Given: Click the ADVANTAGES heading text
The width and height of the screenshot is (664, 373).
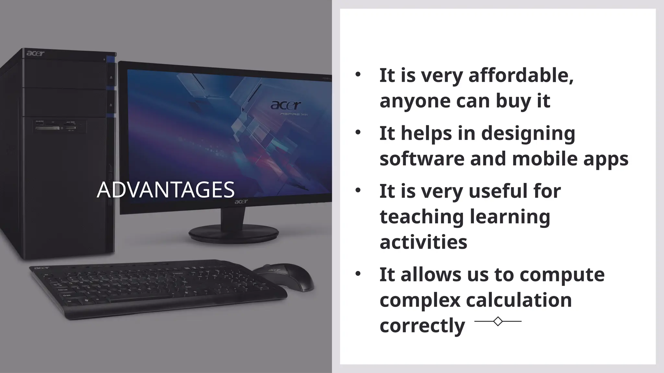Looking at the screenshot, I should [x=166, y=190].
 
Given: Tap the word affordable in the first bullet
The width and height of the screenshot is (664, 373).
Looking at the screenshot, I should [x=521, y=75].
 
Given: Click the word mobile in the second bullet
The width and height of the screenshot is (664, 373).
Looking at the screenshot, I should [x=545, y=159].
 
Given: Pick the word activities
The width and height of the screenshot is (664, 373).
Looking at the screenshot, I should [x=423, y=242].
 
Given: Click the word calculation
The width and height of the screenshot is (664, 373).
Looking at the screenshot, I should [x=519, y=300].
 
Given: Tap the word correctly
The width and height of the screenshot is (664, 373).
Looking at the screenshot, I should [x=422, y=325].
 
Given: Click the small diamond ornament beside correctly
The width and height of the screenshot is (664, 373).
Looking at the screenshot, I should [x=498, y=321].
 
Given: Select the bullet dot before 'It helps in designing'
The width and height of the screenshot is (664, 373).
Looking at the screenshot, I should [x=358, y=132].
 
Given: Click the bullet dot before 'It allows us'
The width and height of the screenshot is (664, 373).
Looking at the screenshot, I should [x=358, y=274].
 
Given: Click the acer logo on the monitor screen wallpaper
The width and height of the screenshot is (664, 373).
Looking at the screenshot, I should [x=286, y=105].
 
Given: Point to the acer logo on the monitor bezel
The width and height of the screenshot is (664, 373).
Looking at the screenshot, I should [x=241, y=202].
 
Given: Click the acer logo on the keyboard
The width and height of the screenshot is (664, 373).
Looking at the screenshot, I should [x=41, y=268].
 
